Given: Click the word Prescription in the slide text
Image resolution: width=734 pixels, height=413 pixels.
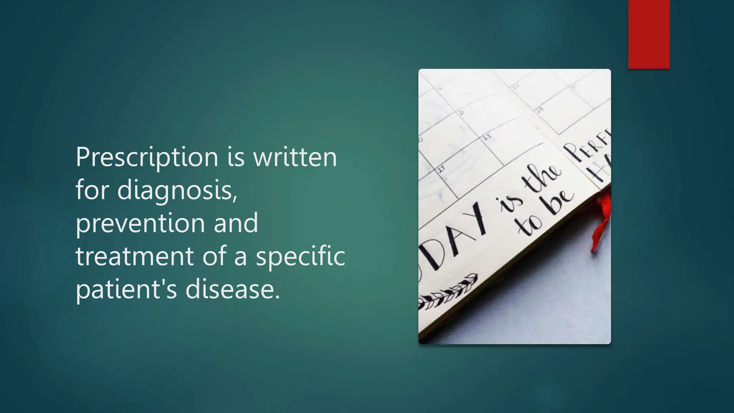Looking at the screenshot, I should (x=147, y=158).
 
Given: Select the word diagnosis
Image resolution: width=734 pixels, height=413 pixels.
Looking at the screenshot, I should (x=177, y=190).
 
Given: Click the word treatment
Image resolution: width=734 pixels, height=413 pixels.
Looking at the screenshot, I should (x=134, y=256).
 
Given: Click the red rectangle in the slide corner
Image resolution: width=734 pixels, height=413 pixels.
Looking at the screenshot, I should (x=649, y=34).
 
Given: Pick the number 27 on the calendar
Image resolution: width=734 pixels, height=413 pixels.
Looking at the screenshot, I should (x=442, y=168).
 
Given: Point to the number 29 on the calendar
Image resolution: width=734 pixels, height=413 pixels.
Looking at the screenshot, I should (x=539, y=110).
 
